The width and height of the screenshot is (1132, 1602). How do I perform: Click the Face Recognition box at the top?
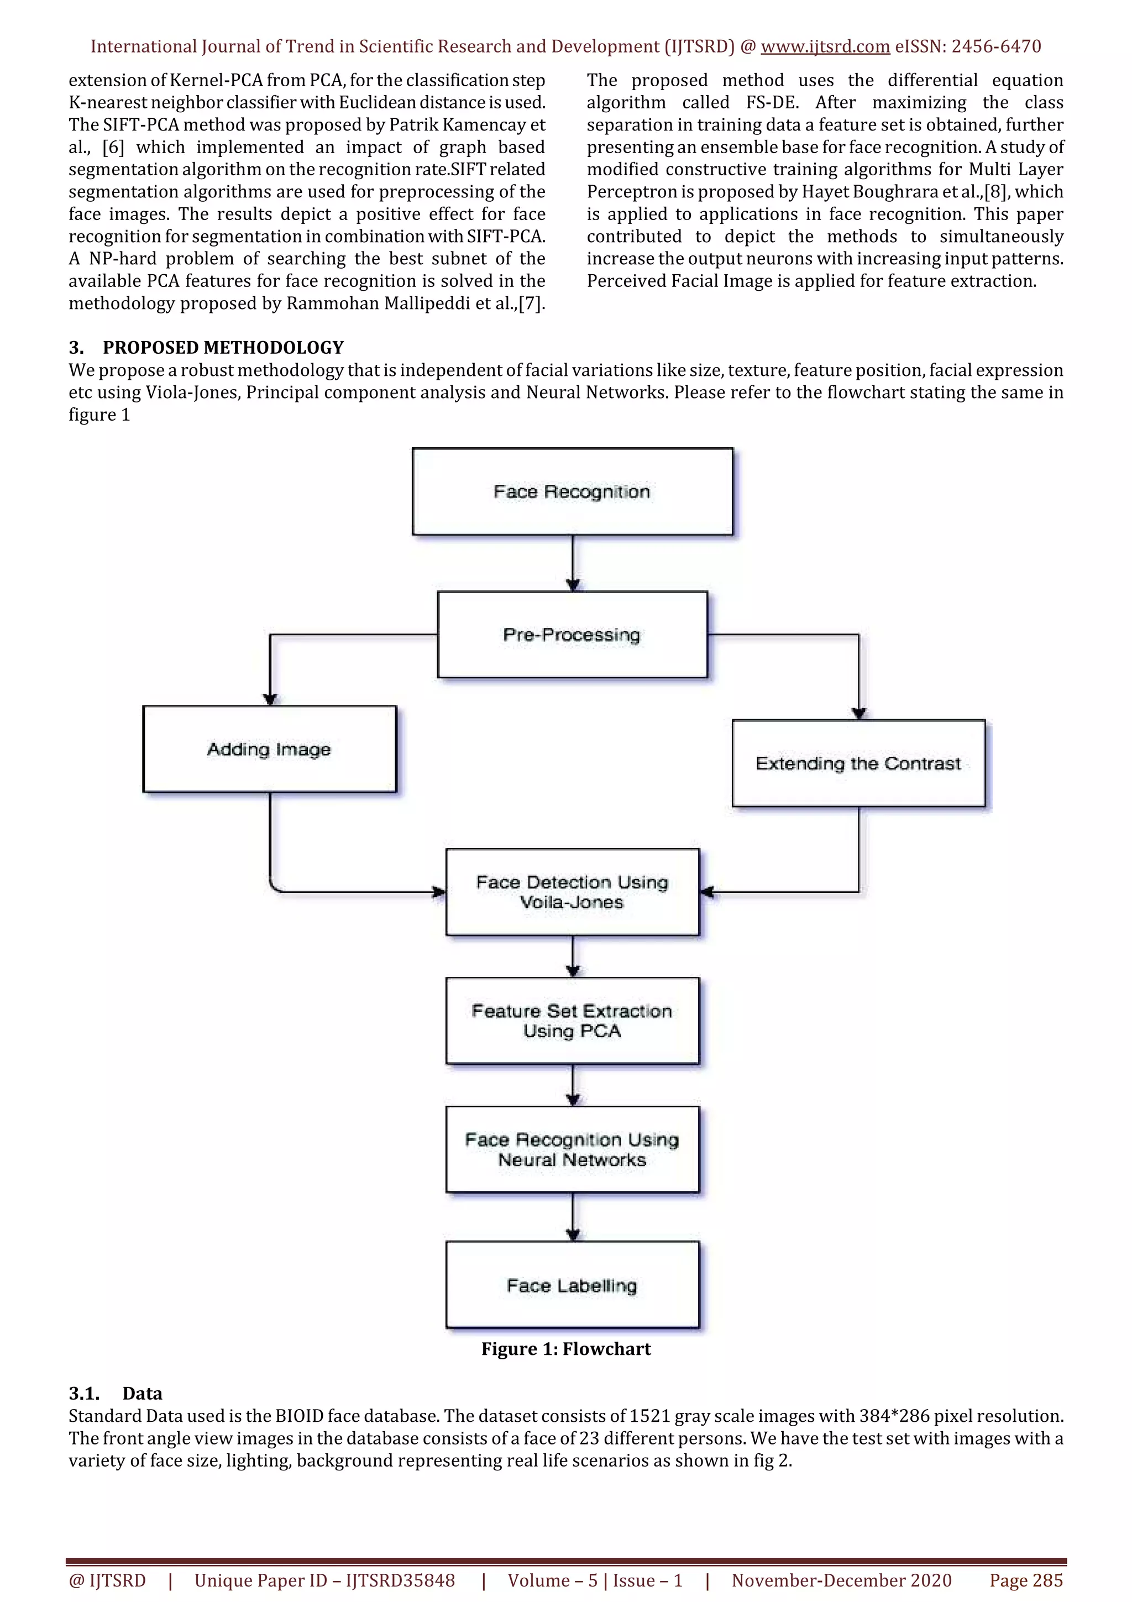click(572, 491)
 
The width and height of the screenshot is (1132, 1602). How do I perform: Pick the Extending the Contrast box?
click(858, 763)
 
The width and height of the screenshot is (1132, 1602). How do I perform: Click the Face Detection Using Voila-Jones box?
click(572, 892)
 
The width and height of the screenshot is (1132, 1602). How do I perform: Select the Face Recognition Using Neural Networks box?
click(572, 1149)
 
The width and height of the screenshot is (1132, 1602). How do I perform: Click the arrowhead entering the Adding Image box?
click(270, 699)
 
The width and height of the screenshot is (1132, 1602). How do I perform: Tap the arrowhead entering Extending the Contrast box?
click(858, 713)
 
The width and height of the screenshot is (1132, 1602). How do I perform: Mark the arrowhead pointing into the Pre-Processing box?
click(573, 585)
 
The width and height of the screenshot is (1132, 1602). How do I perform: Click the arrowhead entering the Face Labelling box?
click(573, 1234)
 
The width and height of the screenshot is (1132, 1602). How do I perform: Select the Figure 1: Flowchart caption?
click(565, 1349)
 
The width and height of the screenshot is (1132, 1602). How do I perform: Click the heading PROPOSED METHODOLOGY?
click(223, 348)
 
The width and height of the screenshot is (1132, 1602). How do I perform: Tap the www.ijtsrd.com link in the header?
click(825, 47)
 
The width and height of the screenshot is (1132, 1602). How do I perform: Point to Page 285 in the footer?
click(1025, 1580)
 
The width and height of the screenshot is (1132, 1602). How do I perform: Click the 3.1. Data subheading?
click(116, 1394)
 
